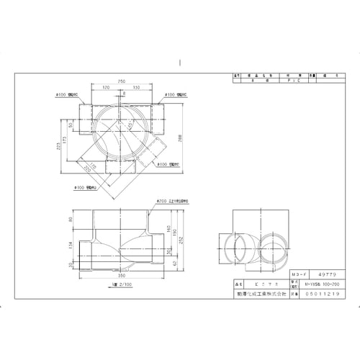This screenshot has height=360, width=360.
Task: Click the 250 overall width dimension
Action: pyautogui.click(x=123, y=81)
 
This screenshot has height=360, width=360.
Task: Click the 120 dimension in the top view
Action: pyautogui.click(x=106, y=86)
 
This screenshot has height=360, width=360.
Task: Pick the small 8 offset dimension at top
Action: pyautogui.click(x=124, y=94)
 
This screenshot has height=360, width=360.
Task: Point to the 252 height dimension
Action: pyautogui.click(x=180, y=240)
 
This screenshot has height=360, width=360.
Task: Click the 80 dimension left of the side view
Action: pyautogui.click(x=69, y=220)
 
